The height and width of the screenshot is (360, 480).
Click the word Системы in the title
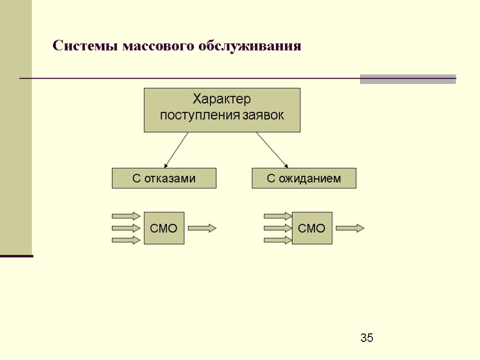coord(85,46)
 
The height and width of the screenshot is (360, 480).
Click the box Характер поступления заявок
coord(222,110)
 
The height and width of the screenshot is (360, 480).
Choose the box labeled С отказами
coord(164,178)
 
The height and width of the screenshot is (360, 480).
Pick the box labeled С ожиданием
coord(304,178)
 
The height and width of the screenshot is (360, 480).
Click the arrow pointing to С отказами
coord(176,150)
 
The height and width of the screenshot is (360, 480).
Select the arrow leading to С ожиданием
coord(271,149)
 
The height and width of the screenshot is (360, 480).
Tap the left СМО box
coord(164,228)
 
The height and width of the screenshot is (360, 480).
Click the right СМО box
coord(312,228)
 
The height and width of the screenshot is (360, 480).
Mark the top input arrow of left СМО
coord(126,216)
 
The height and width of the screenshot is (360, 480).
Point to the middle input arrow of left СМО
coord(126,228)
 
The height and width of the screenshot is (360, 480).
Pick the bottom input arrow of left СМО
coord(126,240)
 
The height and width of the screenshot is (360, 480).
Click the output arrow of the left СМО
coord(202,228)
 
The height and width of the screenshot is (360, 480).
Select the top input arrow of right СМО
coord(277,216)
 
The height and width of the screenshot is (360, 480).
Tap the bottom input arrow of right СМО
coord(277,240)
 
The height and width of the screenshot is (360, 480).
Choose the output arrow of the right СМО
coord(350,228)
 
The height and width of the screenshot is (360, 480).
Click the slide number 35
coord(367,337)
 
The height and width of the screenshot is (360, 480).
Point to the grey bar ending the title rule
coord(408,79)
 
